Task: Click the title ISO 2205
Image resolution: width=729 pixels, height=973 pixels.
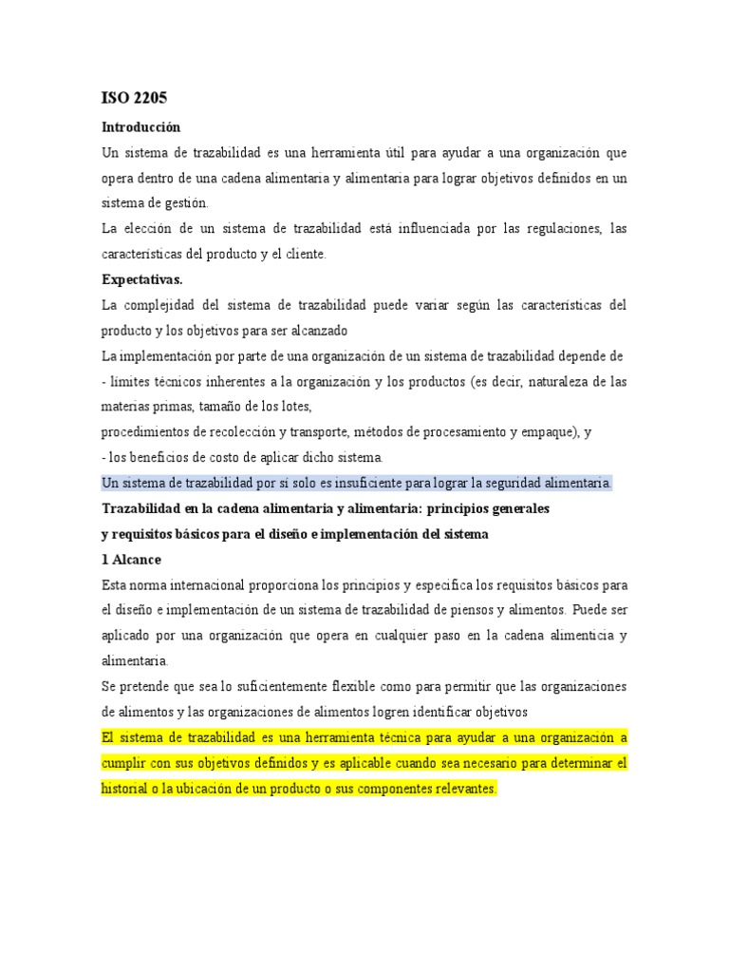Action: click(x=134, y=97)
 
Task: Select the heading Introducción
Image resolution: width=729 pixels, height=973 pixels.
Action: click(x=140, y=126)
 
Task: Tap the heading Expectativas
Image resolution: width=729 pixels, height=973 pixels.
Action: click(x=142, y=279)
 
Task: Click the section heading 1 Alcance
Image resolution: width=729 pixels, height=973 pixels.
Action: click(x=131, y=559)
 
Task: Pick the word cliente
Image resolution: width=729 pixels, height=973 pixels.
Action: click(x=303, y=254)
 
